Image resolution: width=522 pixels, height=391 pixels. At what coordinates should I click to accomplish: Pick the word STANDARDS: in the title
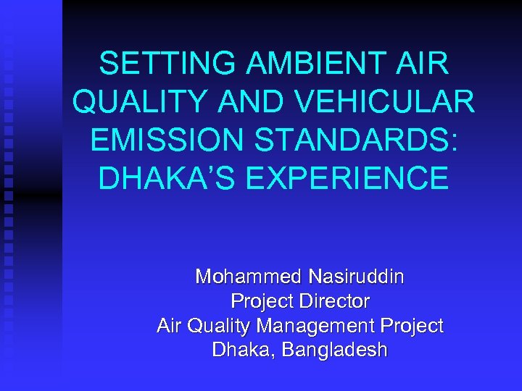360,140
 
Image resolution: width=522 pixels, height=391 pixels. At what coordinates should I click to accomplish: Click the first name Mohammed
249,277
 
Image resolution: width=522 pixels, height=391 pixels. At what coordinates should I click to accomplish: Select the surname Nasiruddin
357,277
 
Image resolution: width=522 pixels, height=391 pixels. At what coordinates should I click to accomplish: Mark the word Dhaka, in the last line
244,350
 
